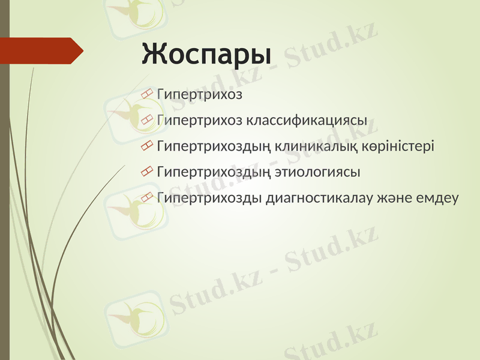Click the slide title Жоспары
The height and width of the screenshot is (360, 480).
tap(206, 55)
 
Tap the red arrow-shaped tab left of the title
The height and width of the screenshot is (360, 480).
tap(40, 50)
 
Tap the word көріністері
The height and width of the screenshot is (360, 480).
tap(398, 146)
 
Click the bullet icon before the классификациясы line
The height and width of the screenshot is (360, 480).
tap(147, 120)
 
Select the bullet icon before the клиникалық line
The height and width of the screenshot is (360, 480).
tap(147, 146)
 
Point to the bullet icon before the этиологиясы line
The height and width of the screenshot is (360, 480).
tap(147, 172)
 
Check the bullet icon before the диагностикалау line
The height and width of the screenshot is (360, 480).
tap(147, 198)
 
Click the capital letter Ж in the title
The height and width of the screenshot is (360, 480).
tap(154, 53)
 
